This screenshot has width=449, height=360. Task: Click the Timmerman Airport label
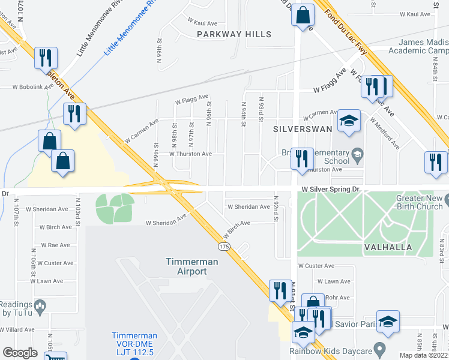[x=186, y=266]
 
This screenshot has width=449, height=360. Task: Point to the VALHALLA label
[x=387, y=247]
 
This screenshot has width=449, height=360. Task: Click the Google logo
[x=20, y=353]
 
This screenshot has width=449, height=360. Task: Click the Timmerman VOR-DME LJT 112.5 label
[x=134, y=344]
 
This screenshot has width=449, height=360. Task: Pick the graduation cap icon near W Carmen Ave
[x=348, y=121]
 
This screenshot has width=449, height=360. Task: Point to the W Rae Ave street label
[x=56, y=245]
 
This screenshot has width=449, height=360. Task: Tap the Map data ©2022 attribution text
[x=423, y=355]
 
